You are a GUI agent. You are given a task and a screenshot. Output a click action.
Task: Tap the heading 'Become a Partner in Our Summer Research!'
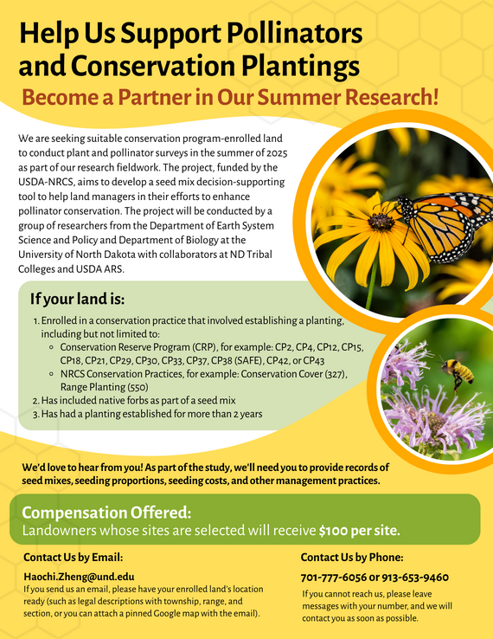[230, 96]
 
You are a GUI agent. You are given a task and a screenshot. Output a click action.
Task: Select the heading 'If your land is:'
[77, 300]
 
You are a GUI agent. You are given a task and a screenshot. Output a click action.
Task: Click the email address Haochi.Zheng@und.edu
[79, 576]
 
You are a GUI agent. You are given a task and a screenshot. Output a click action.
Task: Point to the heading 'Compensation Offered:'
[106, 512]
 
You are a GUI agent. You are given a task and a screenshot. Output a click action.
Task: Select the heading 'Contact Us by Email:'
[73, 557]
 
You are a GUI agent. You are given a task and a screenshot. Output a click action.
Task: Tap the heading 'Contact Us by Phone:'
[352, 558]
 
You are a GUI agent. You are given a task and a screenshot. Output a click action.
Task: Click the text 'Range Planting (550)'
[105, 387]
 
